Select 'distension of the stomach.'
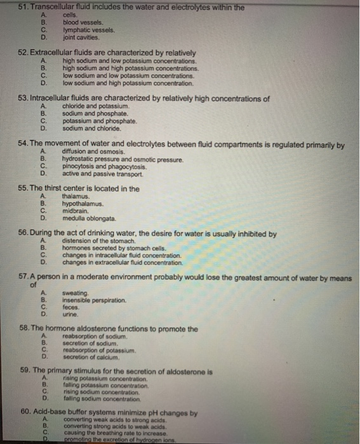click(98, 242)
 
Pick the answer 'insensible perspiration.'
click(94, 300)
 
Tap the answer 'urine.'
click(70, 314)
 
